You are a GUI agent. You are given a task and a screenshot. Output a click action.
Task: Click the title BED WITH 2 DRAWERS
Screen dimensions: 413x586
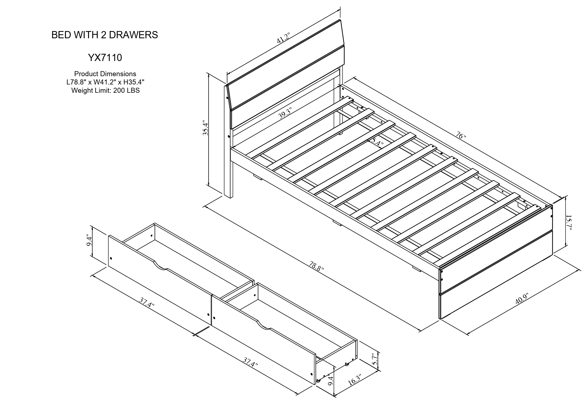point(105,35)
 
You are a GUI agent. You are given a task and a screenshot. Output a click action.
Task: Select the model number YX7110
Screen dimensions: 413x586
point(105,57)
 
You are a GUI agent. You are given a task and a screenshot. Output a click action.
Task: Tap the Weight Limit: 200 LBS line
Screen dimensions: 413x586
point(105,91)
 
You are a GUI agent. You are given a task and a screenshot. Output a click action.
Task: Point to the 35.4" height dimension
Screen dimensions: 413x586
point(206,128)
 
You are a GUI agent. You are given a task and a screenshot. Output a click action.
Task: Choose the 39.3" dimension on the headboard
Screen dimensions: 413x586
point(285,114)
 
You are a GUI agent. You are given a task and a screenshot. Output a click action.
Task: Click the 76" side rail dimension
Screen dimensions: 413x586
point(461,136)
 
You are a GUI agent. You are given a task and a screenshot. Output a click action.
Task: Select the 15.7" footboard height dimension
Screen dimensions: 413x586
point(568,223)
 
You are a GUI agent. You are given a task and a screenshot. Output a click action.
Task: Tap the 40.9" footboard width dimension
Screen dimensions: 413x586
point(522,299)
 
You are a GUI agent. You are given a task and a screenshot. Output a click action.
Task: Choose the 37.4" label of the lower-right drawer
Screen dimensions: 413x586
point(250,362)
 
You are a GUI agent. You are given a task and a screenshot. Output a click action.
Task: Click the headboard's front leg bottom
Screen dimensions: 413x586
point(228,195)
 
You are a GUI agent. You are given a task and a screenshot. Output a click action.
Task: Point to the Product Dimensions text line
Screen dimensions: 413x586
point(105,74)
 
